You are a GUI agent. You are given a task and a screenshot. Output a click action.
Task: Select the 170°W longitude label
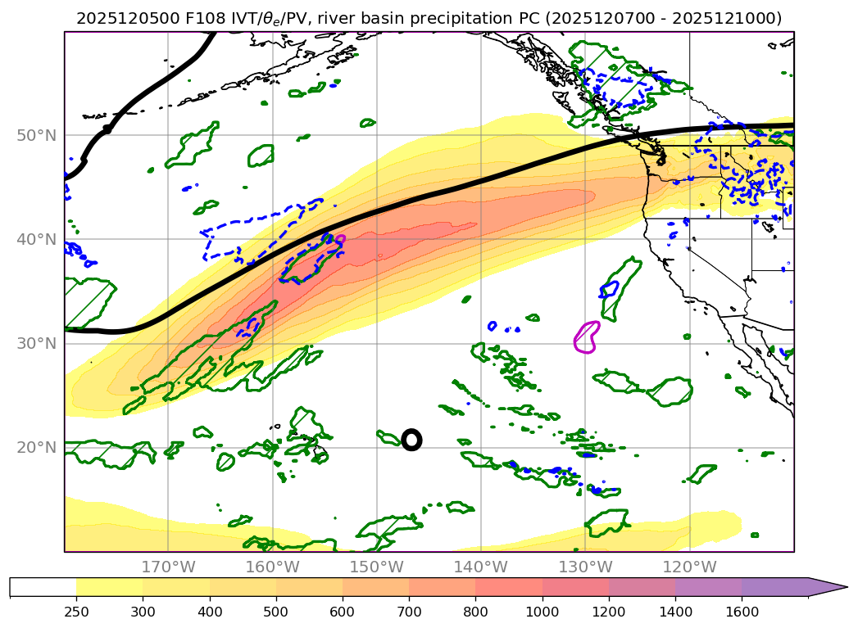pyautogui.click(x=168, y=567)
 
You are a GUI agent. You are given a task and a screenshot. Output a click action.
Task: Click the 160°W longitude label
pyautogui.click(x=272, y=567)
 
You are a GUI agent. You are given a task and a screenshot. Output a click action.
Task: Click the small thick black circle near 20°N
pyautogui.click(x=411, y=440)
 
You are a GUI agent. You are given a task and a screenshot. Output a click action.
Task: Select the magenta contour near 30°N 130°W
pyautogui.click(x=585, y=337)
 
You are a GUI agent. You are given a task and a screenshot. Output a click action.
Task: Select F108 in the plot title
pyautogui.click(x=195, y=18)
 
